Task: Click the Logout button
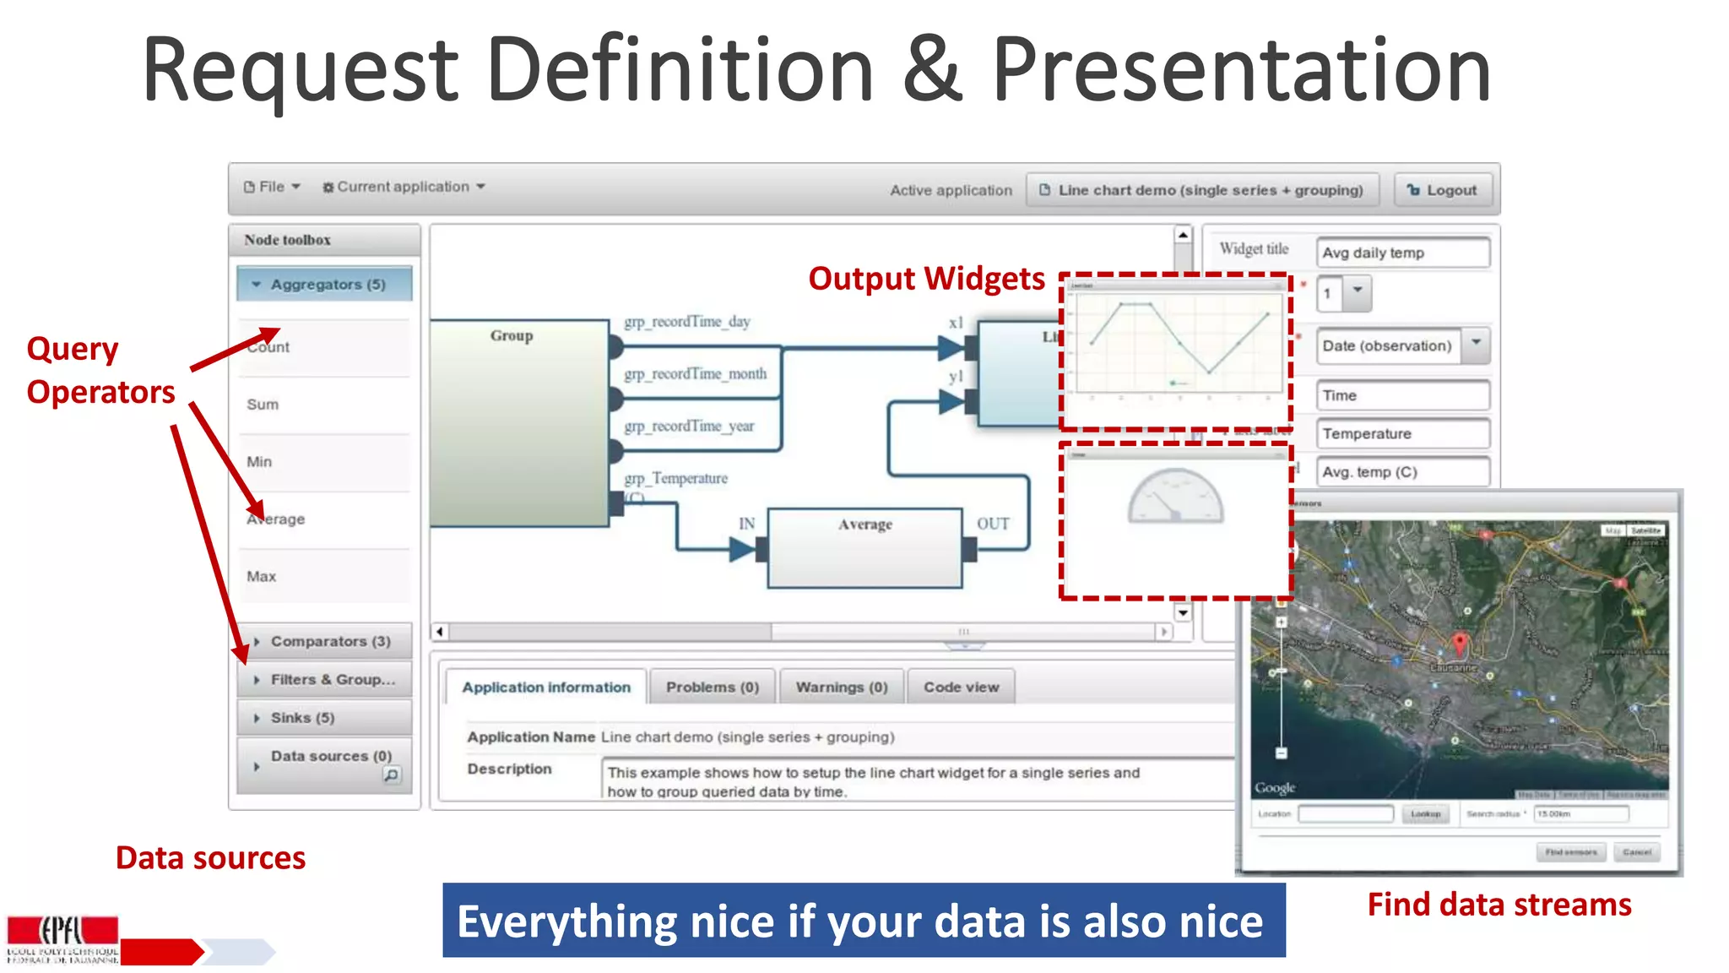(1442, 190)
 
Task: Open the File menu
(272, 187)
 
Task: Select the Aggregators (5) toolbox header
(325, 285)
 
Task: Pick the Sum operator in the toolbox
(263, 405)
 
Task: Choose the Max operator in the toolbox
(262, 577)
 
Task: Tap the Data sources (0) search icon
(392, 775)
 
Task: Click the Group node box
(518, 422)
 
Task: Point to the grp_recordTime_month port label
(696, 374)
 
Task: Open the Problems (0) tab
(713, 688)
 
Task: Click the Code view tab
(961, 688)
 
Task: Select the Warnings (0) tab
(842, 688)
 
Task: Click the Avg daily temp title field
(1401, 253)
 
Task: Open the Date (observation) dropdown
(1476, 345)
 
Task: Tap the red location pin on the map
(1460, 644)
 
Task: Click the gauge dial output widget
(1175, 498)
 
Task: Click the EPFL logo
(62, 938)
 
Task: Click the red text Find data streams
(1499, 905)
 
